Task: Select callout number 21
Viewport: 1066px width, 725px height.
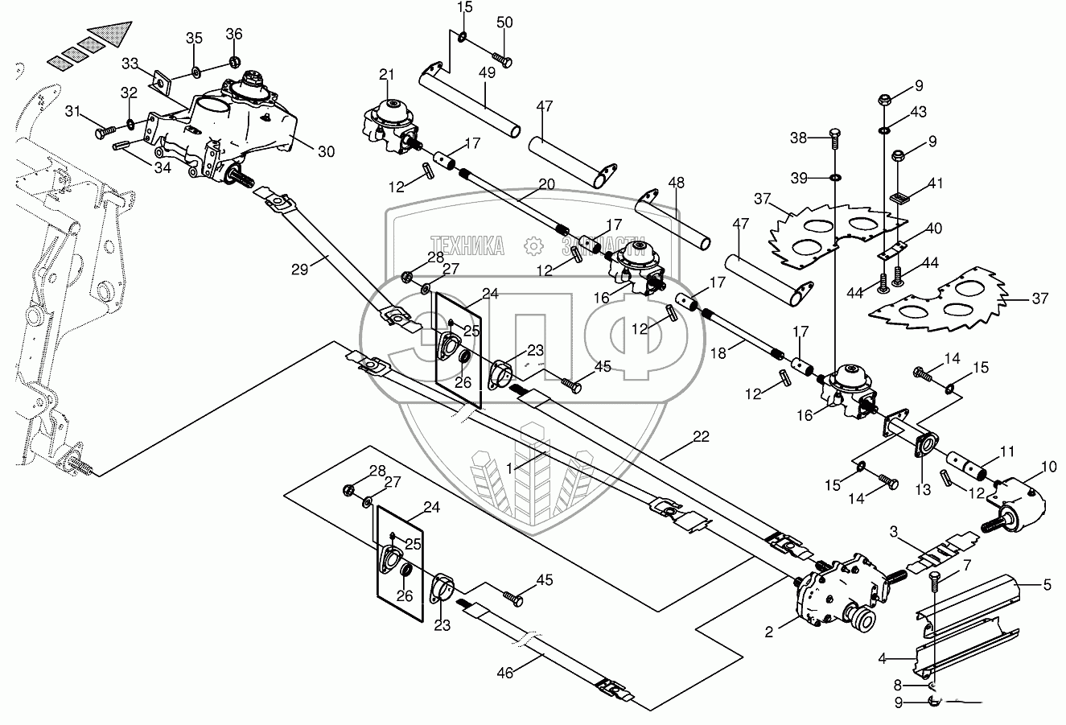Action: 387,75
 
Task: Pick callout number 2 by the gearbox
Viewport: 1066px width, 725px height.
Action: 769,632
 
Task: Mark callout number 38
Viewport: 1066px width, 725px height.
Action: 798,138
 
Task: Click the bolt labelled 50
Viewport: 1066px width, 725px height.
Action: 503,60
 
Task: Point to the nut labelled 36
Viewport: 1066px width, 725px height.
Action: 234,62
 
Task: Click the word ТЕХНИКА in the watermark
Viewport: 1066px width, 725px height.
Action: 467,245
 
